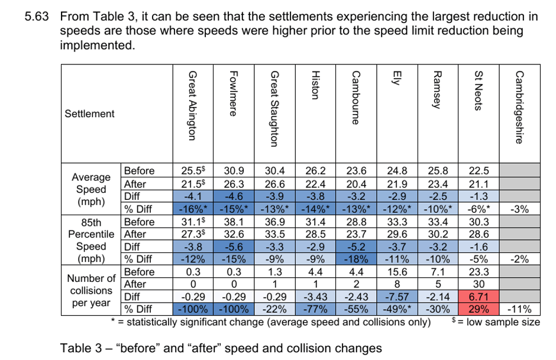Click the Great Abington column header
(192, 106)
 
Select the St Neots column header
(479, 90)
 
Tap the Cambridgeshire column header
(519, 107)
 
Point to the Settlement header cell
(89, 113)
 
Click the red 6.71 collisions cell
(479, 297)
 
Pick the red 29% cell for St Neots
(479, 309)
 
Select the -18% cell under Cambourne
(356, 259)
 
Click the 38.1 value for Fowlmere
(234, 222)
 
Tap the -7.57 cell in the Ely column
(397, 297)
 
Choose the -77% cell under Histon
(315, 309)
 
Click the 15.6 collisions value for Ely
(397, 272)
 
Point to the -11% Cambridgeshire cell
(519, 309)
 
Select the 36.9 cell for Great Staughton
(274, 222)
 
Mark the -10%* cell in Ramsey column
(438, 209)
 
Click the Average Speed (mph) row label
(91, 189)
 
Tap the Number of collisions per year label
(91, 291)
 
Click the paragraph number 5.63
(37, 17)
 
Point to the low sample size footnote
(496, 322)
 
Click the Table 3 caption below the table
(221, 348)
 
